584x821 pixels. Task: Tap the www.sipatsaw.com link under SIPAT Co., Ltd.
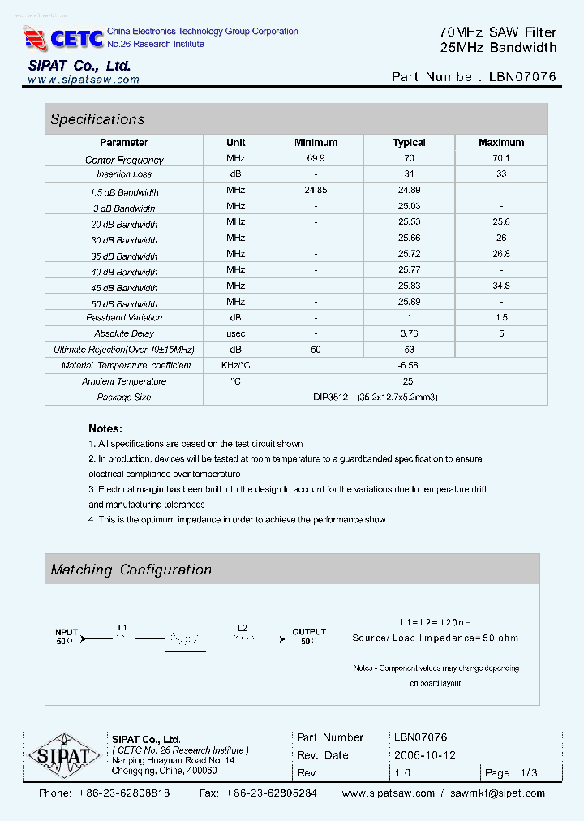tap(84, 80)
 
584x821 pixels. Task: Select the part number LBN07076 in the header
tap(523, 77)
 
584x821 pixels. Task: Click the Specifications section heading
tap(97, 119)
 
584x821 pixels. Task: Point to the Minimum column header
tap(316, 142)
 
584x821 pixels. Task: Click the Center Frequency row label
tap(124, 160)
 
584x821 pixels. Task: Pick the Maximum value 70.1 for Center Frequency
tap(500, 159)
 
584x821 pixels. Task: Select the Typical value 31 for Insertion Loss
tap(409, 174)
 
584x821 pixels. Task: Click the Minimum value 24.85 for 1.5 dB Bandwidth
tap(316, 191)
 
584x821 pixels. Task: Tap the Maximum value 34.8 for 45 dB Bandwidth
tap(500, 286)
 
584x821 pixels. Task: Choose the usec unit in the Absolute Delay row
tap(235, 333)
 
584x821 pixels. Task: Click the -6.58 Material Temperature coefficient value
tap(408, 365)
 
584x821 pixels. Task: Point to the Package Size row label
tap(124, 398)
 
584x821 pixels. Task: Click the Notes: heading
tap(105, 428)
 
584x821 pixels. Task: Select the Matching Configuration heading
tap(131, 570)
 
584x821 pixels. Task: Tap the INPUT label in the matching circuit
tap(66, 631)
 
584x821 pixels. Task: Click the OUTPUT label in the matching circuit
tap(309, 631)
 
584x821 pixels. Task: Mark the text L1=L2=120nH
tap(436, 622)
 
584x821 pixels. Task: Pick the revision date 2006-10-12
tap(425, 755)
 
